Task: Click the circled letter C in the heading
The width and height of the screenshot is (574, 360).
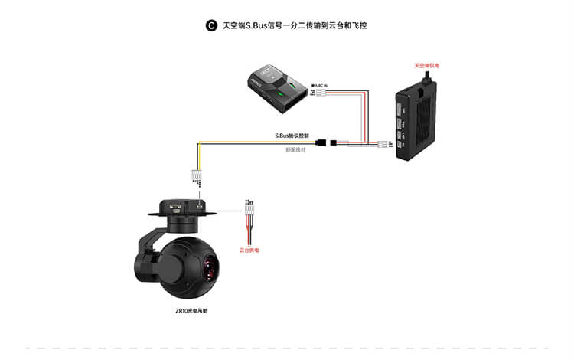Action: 212,26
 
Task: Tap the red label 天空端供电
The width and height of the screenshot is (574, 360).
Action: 429,65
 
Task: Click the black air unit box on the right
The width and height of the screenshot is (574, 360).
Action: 419,123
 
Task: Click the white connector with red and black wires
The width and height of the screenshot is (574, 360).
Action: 249,208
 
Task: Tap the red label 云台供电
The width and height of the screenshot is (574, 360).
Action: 249,250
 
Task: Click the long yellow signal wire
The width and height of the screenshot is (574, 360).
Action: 253,142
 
